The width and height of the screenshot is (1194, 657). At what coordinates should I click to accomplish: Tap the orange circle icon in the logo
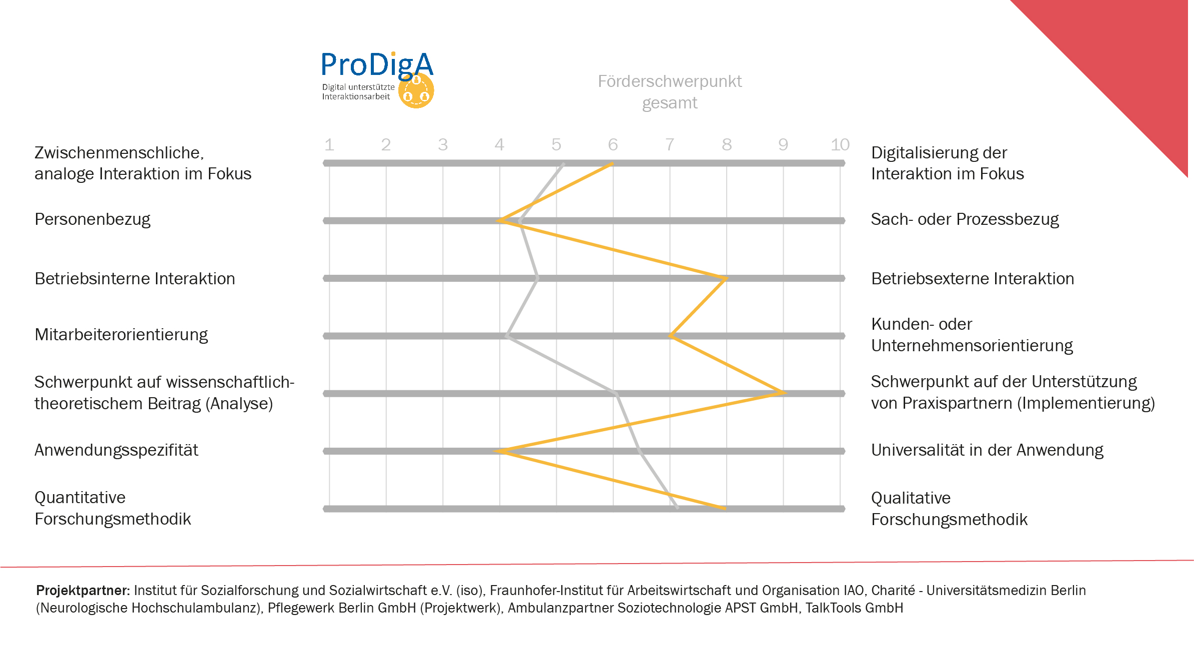[x=416, y=91]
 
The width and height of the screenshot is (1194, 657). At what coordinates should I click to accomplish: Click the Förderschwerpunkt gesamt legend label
[x=669, y=92]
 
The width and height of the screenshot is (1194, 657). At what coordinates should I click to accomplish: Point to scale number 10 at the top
[x=840, y=145]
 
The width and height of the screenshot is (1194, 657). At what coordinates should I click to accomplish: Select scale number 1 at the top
[x=329, y=145]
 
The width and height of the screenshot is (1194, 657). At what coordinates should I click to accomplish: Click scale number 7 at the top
[x=670, y=145]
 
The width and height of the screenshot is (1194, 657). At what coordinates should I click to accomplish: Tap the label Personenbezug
[x=92, y=219]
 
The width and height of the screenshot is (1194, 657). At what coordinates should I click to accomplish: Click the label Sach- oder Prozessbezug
[x=965, y=219]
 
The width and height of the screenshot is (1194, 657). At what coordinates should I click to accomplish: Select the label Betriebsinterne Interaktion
[x=134, y=279]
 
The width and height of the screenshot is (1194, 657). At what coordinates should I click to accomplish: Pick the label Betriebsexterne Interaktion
[x=972, y=279]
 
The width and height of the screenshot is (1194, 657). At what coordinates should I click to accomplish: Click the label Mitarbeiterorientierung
[x=121, y=335]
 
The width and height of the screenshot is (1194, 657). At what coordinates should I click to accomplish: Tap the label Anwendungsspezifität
[x=116, y=450]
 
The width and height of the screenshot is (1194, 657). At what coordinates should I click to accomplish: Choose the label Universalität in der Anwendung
[x=987, y=450]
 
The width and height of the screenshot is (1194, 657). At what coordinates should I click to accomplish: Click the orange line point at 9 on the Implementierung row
[x=783, y=393]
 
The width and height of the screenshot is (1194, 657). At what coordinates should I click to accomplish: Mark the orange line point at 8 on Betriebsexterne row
[x=726, y=278]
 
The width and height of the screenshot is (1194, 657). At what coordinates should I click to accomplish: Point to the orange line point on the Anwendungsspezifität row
[x=500, y=451]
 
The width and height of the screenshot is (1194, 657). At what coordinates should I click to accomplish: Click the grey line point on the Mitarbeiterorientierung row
[x=507, y=336]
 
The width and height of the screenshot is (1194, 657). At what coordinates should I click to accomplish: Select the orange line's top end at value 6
[x=613, y=163]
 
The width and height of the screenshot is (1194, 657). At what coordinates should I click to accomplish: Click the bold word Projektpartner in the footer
[x=82, y=591]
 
